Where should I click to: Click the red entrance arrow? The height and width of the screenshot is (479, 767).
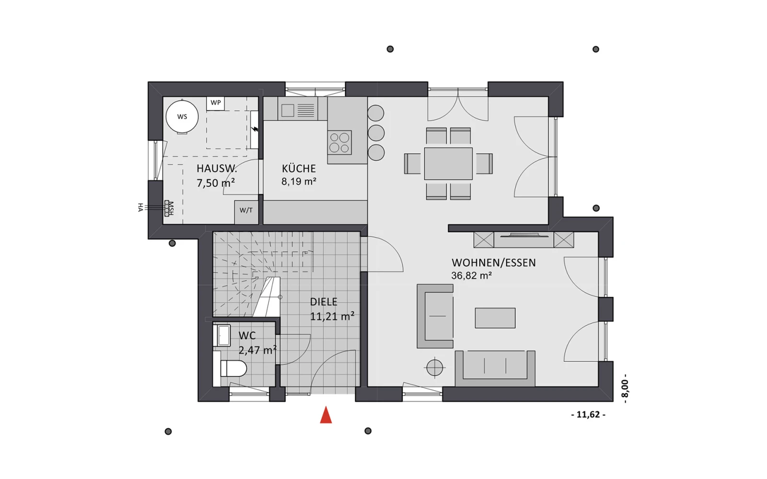[x=325, y=415]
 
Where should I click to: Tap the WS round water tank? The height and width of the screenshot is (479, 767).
[x=182, y=117]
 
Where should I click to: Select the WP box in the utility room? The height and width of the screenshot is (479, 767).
[x=215, y=103]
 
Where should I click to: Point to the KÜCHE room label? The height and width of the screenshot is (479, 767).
[x=299, y=169]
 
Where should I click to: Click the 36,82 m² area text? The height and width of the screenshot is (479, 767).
[x=472, y=276]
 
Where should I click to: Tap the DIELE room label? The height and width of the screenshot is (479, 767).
[x=324, y=302]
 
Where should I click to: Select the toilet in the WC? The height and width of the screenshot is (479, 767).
[x=233, y=368]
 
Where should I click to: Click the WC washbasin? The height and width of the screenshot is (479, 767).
[x=221, y=335]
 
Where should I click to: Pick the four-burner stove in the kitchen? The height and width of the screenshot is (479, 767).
[x=339, y=143]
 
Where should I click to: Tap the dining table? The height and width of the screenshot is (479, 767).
[x=448, y=163]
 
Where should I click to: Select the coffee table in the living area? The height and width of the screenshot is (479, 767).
[x=495, y=318]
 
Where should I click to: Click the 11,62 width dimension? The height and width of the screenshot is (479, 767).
[x=588, y=415]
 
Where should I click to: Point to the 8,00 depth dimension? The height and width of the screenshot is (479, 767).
[x=625, y=388]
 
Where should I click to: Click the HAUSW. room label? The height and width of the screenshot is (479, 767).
[x=216, y=169]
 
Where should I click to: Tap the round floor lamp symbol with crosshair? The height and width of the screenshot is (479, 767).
[x=435, y=368]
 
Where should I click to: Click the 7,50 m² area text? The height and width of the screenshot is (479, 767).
[x=216, y=183]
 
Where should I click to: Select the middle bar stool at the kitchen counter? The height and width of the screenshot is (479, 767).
[x=376, y=133]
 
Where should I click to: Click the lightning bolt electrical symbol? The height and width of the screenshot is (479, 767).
[x=255, y=129]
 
